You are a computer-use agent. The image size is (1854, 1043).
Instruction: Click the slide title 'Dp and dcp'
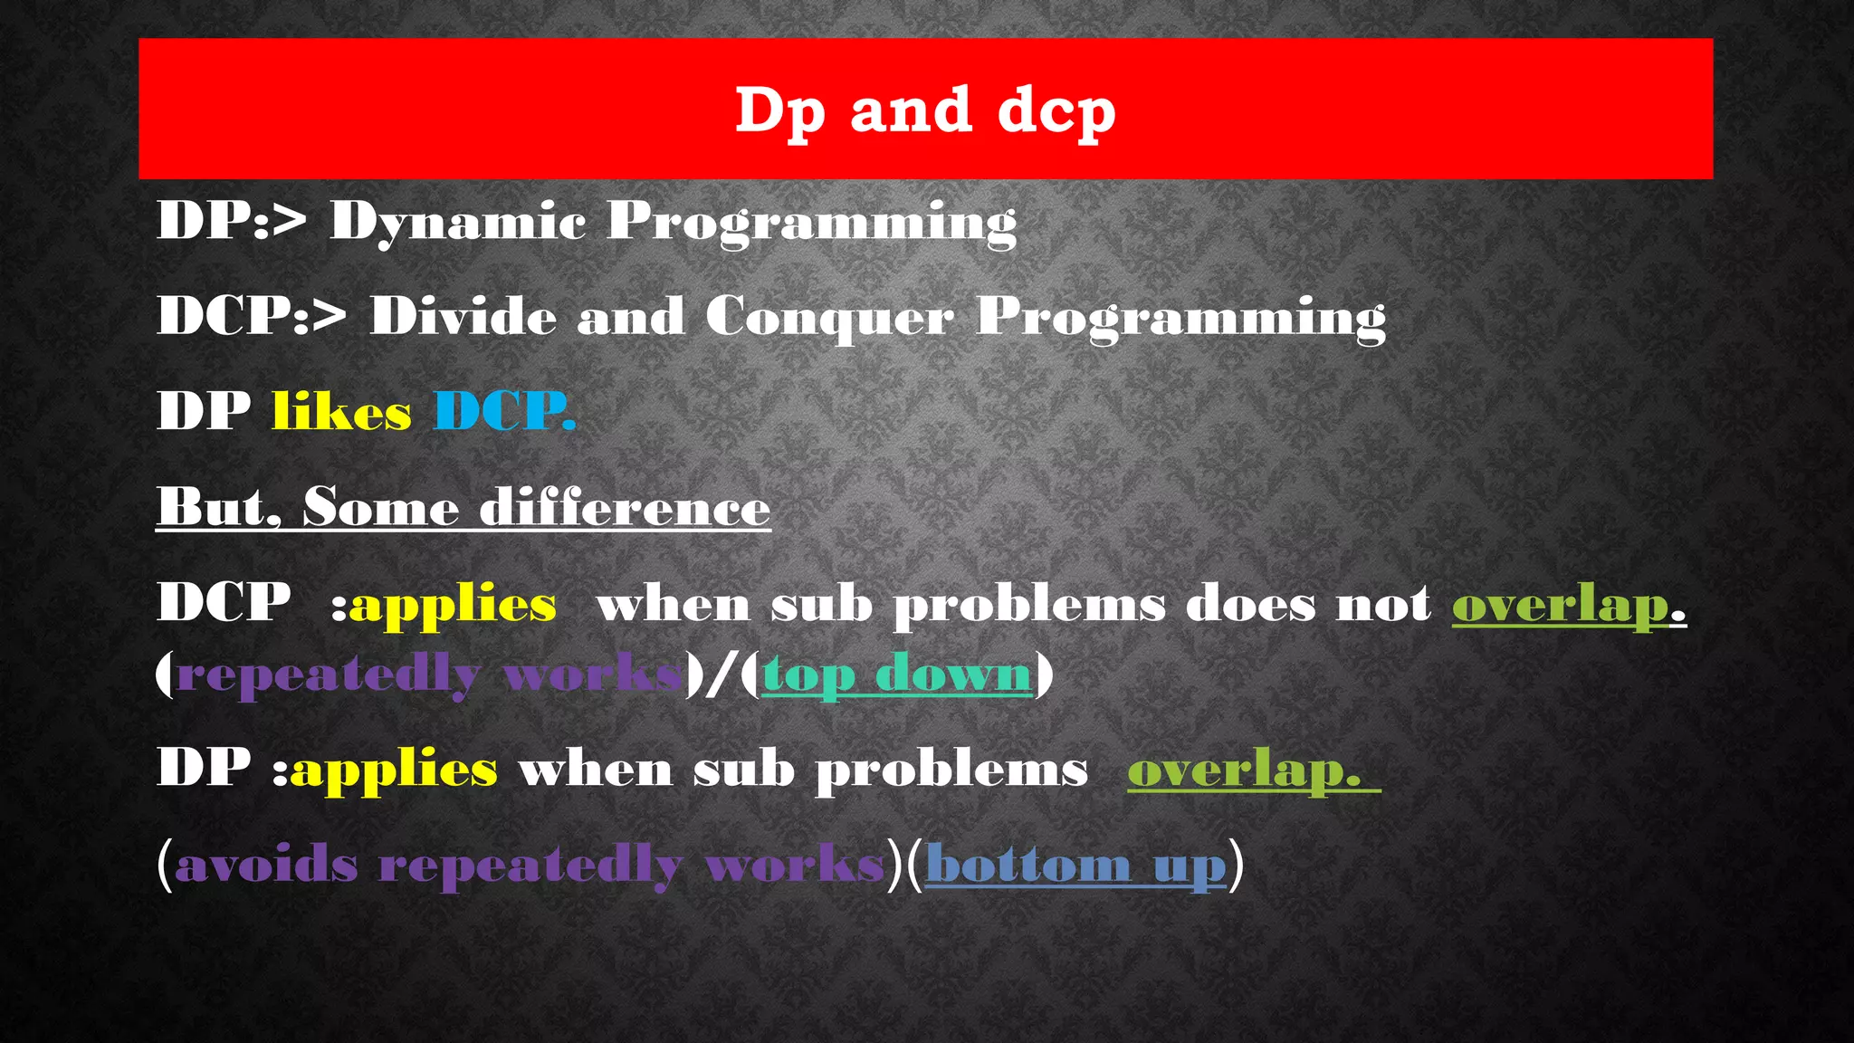(924, 111)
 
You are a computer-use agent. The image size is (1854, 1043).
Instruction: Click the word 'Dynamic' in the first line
(457, 222)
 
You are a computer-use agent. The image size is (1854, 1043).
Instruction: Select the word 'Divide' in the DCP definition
(463, 317)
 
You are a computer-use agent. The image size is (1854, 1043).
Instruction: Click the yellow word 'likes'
(341, 412)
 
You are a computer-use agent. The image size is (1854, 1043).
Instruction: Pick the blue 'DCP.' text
(504, 412)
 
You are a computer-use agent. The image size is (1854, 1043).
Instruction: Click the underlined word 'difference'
(625, 507)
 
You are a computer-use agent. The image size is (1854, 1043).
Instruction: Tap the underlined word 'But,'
(218, 507)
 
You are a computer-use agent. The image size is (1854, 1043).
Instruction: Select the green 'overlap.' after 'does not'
(1568, 605)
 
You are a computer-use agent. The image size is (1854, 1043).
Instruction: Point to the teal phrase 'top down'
(896, 675)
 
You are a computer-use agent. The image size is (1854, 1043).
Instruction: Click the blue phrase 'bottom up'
(1075, 866)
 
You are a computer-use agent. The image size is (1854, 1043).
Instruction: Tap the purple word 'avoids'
(267, 866)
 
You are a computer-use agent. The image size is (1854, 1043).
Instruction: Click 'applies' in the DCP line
(453, 605)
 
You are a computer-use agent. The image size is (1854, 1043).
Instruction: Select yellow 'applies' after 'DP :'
(394, 770)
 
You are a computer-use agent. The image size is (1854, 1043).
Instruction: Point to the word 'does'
(1250, 605)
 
